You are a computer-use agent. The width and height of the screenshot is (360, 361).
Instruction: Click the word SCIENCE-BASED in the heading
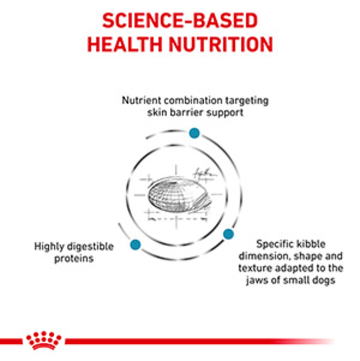(x=180, y=21)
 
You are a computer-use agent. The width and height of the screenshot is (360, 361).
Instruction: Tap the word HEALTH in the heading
(x=125, y=44)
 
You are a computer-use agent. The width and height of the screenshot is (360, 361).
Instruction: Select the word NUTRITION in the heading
(x=221, y=44)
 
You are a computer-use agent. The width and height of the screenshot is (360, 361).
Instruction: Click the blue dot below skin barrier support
(x=194, y=133)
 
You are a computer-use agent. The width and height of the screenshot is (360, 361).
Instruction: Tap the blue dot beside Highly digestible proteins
(x=135, y=245)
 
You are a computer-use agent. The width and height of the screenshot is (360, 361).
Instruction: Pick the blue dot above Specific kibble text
(x=228, y=234)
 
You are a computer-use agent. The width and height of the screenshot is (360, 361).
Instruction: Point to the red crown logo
(x=44, y=340)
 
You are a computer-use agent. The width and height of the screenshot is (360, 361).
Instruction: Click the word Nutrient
(x=141, y=100)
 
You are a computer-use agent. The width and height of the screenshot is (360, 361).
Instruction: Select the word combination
(x=193, y=100)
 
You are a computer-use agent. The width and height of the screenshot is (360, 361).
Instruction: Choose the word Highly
(x=49, y=247)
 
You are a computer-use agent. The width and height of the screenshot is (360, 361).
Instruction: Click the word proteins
(x=74, y=259)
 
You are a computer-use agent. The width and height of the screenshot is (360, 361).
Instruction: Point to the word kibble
(x=311, y=244)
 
